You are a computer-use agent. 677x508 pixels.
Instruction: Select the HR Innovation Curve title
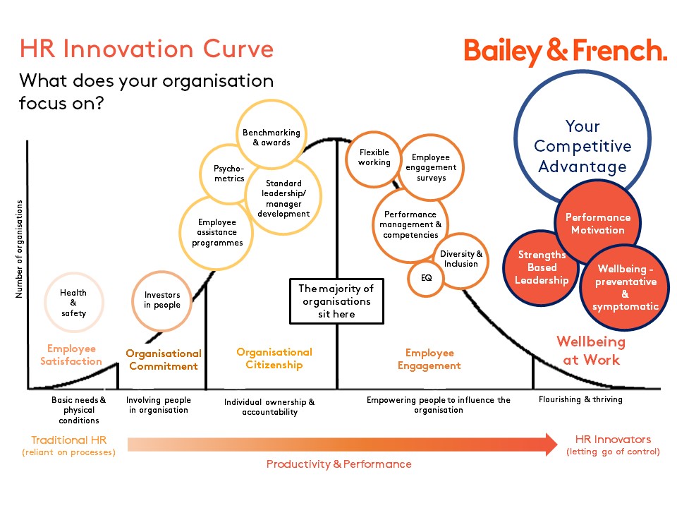[x=146, y=49]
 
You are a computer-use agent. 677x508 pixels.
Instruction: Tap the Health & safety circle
[x=73, y=303]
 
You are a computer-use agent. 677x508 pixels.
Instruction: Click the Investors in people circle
[x=162, y=301]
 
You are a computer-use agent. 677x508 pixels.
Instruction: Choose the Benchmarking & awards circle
[x=271, y=136]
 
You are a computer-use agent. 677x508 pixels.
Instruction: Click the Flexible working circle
[x=374, y=157]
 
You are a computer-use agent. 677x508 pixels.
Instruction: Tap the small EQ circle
[x=426, y=278]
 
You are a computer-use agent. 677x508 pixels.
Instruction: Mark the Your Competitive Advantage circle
[x=583, y=146]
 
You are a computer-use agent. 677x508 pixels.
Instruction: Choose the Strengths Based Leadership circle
[x=541, y=267]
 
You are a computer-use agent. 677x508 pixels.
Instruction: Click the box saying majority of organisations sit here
[x=336, y=301]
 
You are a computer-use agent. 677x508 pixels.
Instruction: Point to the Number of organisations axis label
[x=19, y=250]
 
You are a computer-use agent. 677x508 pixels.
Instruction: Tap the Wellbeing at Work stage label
[x=591, y=351]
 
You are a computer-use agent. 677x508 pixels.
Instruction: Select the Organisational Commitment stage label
[x=164, y=360]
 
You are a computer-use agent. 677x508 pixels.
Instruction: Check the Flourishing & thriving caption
[x=580, y=399]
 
